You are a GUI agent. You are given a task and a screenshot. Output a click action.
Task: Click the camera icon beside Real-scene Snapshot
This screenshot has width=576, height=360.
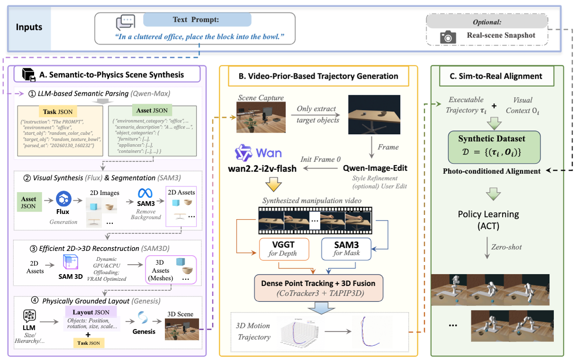448,37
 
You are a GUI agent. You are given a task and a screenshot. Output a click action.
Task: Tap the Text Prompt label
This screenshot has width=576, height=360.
197,20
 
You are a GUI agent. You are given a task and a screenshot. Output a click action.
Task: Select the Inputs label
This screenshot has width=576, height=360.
29,27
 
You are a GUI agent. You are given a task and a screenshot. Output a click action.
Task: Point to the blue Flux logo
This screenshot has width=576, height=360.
63,199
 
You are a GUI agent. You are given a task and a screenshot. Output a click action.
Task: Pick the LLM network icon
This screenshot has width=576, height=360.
30,316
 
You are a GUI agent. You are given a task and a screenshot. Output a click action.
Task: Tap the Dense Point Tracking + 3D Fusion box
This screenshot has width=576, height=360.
318,287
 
